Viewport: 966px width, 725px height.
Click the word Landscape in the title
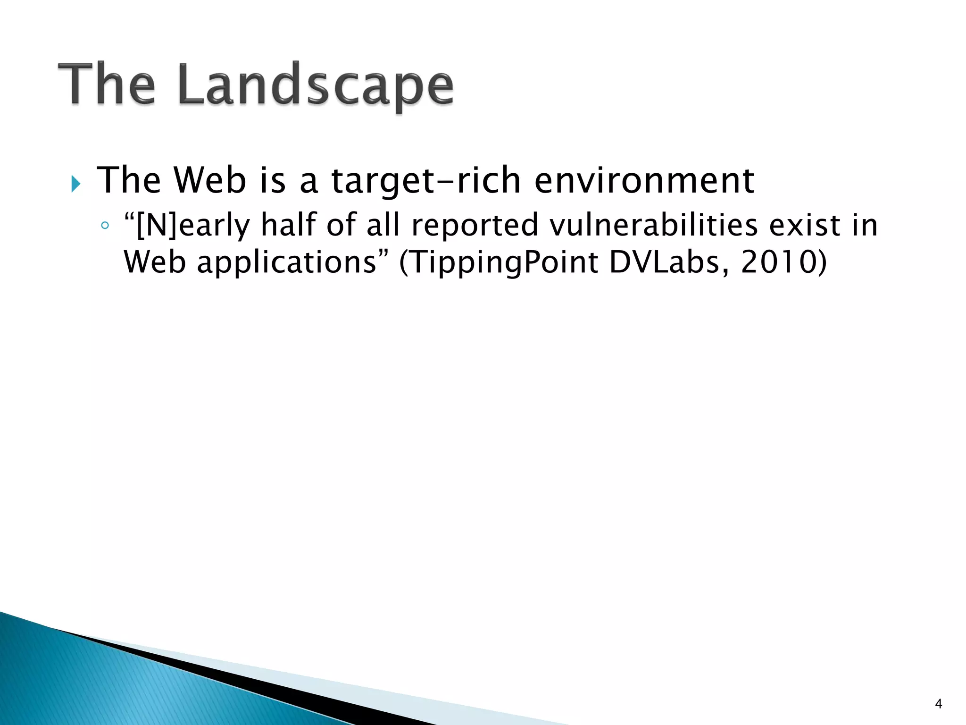click(316, 85)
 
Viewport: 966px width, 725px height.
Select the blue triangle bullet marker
click(76, 184)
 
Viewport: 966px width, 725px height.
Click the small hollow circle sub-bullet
click(105, 225)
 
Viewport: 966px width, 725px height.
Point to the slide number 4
click(938, 704)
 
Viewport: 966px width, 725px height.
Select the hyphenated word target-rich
click(425, 181)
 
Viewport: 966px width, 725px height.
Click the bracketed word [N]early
click(187, 226)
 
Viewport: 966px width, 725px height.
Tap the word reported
click(475, 226)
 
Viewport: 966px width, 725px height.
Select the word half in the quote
click(288, 225)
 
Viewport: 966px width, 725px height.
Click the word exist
click(805, 225)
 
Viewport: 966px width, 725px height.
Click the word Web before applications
click(155, 262)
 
